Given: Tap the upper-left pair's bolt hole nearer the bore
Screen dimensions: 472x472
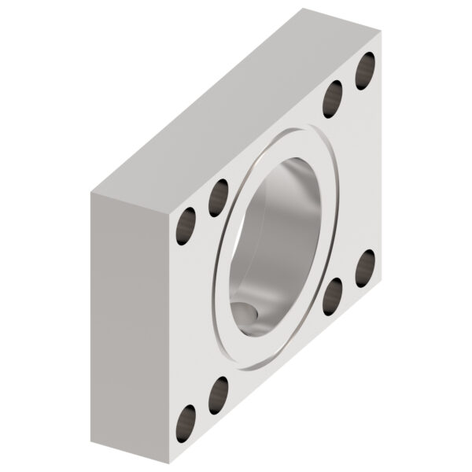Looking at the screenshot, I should point(219,197).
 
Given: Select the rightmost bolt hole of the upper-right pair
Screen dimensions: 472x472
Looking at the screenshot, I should point(365,71).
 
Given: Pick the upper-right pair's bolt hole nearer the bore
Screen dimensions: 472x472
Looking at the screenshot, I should point(334,99).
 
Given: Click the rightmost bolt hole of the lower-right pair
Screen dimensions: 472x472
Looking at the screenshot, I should point(365,268).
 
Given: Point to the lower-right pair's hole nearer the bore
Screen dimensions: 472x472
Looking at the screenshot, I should point(334,296).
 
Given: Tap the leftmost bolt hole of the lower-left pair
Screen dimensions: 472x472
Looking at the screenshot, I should point(186,423).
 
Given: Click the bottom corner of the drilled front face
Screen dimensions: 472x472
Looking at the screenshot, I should point(168,464).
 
